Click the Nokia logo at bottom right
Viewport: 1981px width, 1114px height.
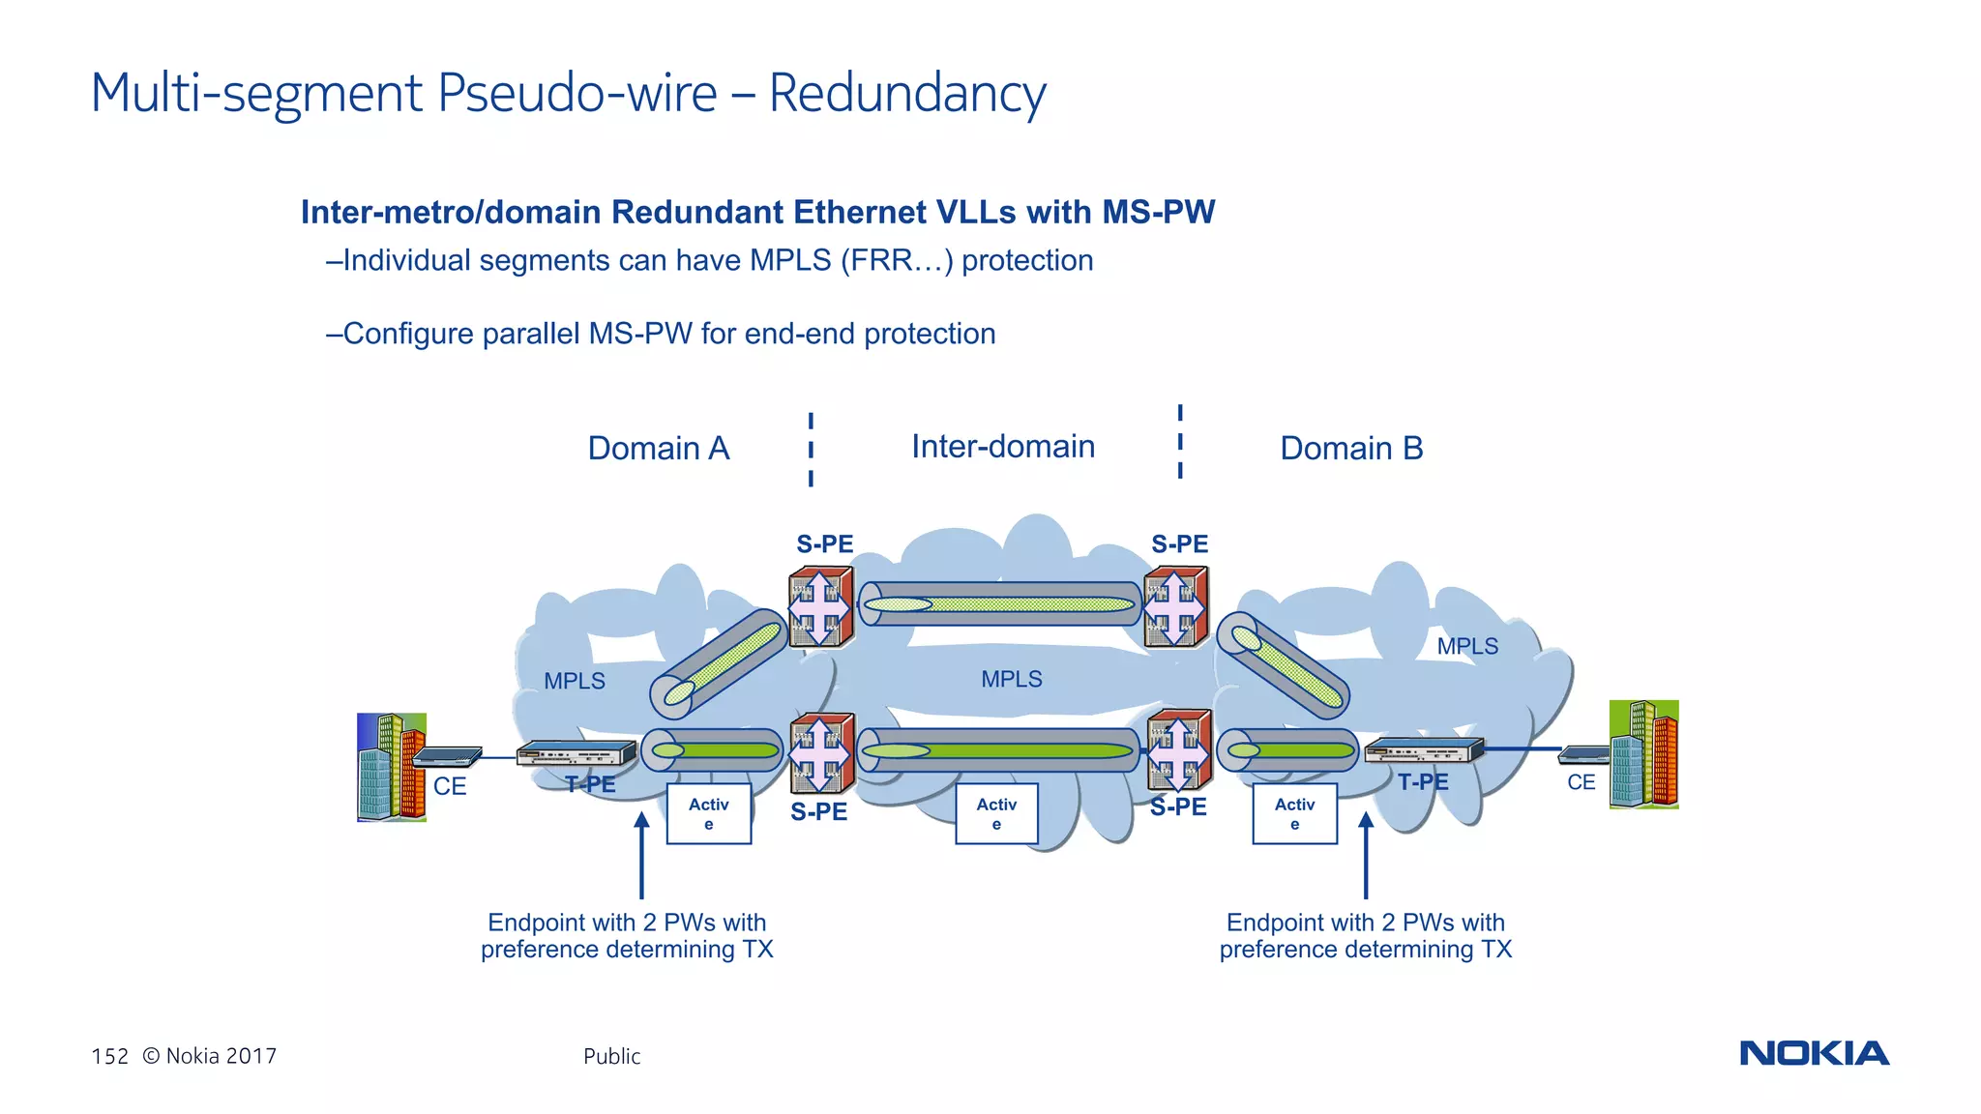1814,1053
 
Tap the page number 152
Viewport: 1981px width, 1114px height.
109,1056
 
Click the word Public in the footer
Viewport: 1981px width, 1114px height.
611,1056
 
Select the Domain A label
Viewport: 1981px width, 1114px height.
659,449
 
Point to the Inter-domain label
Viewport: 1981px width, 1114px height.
1003,447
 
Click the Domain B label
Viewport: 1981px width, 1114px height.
1351,449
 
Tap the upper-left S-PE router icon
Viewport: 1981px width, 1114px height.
821,607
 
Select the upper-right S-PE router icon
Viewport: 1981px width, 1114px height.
1175,608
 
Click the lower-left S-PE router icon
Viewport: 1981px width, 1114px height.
822,753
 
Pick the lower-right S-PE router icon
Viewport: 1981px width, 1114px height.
1178,749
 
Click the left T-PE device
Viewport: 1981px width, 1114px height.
577,753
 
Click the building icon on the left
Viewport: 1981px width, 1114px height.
392,768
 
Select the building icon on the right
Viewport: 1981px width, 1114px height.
1643,755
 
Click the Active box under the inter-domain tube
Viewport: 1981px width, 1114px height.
996,814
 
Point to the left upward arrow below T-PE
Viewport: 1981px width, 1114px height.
641,856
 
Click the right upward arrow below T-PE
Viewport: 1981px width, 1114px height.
1366,856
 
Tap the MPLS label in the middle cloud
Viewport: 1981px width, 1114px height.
1012,679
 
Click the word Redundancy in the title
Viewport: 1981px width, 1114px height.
906,94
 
